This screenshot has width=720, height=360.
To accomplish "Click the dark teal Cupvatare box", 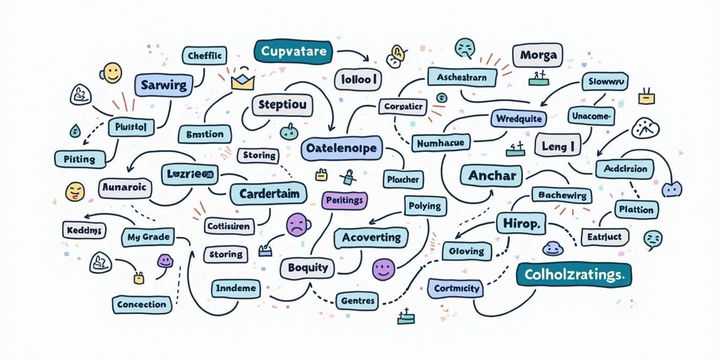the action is (x=293, y=51).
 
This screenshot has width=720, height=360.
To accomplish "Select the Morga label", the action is (x=537, y=56).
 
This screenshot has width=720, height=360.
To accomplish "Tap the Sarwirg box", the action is (x=164, y=85).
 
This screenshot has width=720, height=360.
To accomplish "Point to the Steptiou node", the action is (x=282, y=105).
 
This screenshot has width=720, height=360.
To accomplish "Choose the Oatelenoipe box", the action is (x=341, y=149).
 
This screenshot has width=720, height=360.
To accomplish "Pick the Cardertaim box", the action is (x=269, y=194).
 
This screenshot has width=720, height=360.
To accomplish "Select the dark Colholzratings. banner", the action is (x=574, y=274).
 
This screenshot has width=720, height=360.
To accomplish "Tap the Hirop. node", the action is (x=521, y=223).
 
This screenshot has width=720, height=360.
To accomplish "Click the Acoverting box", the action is (x=371, y=238).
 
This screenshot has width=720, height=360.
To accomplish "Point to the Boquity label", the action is (x=307, y=268).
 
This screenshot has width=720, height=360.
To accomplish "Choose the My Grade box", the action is (x=148, y=237).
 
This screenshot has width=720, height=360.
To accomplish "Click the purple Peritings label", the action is (x=344, y=200).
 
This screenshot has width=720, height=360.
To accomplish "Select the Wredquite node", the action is (x=519, y=119).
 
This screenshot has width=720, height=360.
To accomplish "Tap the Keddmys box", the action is (x=84, y=230).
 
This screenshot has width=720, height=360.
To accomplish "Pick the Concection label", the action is (x=142, y=304).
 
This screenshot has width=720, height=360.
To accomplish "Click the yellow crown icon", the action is (x=242, y=82).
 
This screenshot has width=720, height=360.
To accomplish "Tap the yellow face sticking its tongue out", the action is (x=75, y=191).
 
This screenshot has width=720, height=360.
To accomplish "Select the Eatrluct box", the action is (x=605, y=237).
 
